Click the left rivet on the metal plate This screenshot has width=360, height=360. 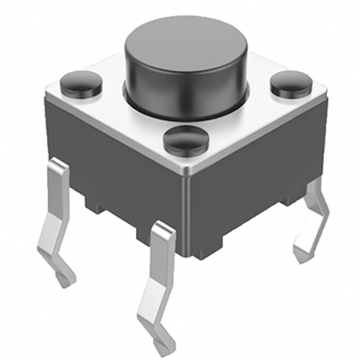82,83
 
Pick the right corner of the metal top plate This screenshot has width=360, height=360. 329,95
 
